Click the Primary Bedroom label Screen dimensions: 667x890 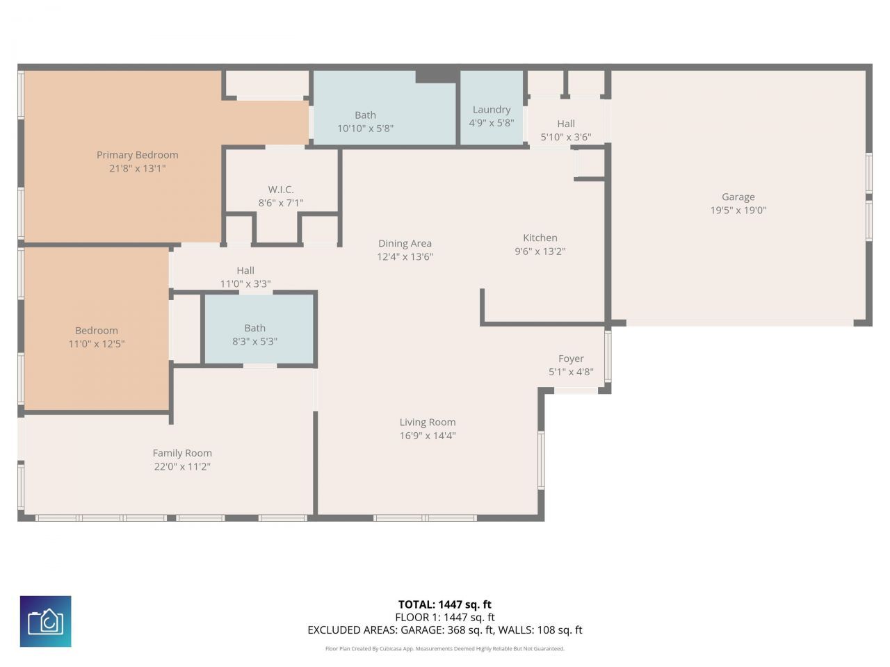tap(137, 155)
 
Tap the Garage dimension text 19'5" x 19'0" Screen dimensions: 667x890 tap(738, 211)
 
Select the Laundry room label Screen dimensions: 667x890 tap(492, 110)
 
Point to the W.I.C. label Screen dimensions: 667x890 tap(281, 190)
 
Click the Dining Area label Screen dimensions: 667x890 tap(405, 243)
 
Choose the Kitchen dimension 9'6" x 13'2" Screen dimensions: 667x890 tap(540, 252)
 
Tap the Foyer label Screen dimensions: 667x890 tap(571, 359)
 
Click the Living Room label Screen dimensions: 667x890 tap(428, 422)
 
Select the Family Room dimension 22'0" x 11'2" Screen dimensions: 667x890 tap(182, 467)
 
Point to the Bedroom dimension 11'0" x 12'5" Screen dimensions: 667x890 tap(97, 344)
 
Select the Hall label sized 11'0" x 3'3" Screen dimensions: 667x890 tap(245, 270)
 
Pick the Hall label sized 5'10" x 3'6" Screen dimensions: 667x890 tap(566, 124)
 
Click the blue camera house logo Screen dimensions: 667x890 tap(46, 621)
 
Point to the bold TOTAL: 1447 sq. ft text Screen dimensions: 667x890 tap(445, 604)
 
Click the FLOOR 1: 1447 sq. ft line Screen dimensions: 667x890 tap(445, 617)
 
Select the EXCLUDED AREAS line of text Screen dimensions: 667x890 tap(445, 630)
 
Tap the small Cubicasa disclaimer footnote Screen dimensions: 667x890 tap(445, 649)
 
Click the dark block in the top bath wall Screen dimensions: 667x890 tap(437, 75)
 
